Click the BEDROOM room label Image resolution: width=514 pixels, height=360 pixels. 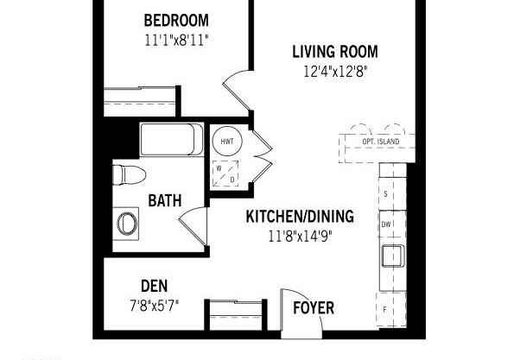tap(176, 21)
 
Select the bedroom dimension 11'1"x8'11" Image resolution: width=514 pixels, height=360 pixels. tap(176, 41)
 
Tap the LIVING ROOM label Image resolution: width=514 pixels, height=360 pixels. tap(335, 52)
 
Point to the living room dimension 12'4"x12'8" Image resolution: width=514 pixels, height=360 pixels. tap(335, 72)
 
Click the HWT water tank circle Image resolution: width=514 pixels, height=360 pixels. tap(227, 142)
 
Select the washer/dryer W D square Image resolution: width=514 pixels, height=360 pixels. tap(225, 174)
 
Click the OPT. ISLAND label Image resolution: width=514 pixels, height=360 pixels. tap(381, 142)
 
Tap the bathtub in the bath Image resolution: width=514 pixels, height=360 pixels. tap(172, 139)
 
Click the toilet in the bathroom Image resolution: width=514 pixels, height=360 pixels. tap(129, 175)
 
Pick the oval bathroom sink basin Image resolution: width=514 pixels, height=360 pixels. tap(127, 224)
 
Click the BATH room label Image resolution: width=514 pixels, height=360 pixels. tap(164, 200)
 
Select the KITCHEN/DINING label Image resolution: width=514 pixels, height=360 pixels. tap(300, 217)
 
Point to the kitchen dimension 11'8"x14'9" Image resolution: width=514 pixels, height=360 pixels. tap(300, 237)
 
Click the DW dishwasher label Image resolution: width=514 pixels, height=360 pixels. tap(386, 224)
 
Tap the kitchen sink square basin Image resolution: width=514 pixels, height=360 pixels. tap(392, 256)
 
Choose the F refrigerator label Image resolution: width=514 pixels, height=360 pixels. tap(384, 309)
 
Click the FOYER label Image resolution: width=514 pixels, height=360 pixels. tap(314, 308)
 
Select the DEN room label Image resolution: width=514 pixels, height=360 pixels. tap(154, 286)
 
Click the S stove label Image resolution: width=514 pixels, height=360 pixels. tap(385, 194)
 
